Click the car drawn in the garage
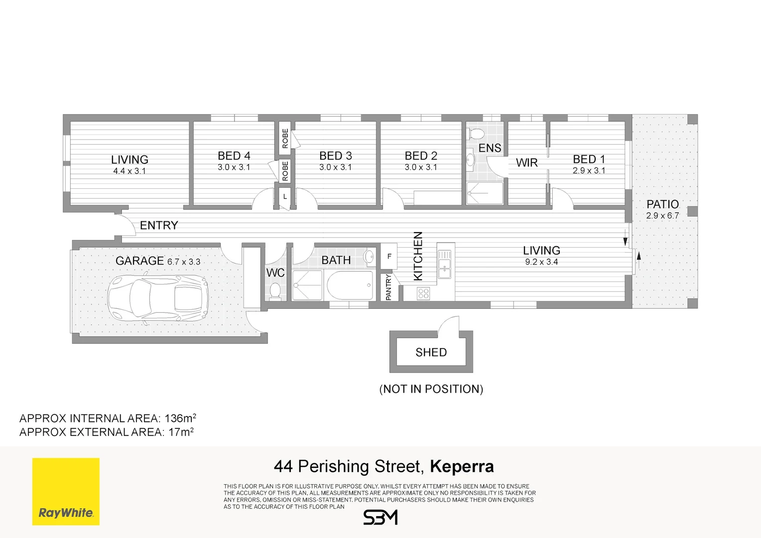(x=158, y=299)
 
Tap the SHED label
(x=431, y=352)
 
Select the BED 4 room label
(x=234, y=155)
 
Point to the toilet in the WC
(x=275, y=291)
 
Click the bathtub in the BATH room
(x=350, y=285)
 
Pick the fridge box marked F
(x=389, y=256)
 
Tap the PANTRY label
(x=388, y=287)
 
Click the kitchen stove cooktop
(x=423, y=293)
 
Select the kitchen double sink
(x=444, y=264)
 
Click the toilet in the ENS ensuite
(x=476, y=134)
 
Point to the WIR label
(x=526, y=163)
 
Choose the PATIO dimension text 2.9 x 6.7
(x=662, y=216)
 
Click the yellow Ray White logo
(x=66, y=492)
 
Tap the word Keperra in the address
(x=462, y=466)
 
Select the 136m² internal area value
(x=180, y=418)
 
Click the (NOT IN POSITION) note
(x=431, y=389)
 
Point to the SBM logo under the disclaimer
(x=380, y=517)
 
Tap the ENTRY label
(x=159, y=225)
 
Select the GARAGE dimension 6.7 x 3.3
(x=184, y=262)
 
